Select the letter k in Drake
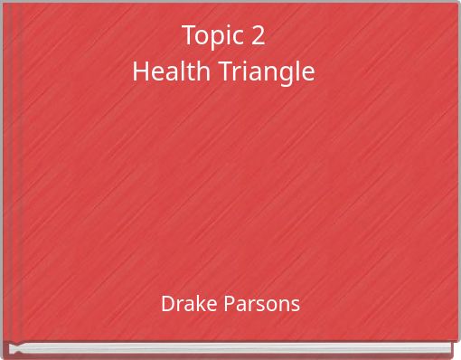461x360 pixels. [x=194, y=304]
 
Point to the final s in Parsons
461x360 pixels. [x=296, y=305]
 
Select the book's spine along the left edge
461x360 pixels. [x=5, y=181]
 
